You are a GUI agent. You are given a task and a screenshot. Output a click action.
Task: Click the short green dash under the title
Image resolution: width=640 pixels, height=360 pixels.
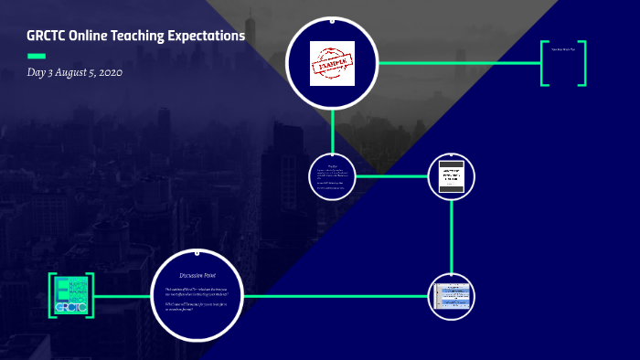[37, 56]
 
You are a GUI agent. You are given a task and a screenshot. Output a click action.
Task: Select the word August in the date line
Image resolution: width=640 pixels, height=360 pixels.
[69, 71]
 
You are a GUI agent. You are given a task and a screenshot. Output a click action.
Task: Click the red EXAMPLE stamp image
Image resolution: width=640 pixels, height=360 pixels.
[333, 63]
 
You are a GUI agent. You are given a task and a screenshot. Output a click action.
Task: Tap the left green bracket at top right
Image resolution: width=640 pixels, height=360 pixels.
[545, 63]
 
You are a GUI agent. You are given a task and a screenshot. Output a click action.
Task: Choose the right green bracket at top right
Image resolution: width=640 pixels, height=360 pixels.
[582, 63]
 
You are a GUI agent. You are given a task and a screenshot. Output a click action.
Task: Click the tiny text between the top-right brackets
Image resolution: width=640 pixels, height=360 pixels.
[563, 48]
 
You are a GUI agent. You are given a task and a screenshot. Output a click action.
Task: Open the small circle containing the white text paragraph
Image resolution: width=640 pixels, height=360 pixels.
[333, 175]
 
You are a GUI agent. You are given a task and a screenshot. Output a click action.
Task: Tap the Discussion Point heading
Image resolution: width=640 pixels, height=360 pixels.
[197, 273]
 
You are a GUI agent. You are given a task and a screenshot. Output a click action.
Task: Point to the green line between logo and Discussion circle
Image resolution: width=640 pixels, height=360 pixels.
[123, 296]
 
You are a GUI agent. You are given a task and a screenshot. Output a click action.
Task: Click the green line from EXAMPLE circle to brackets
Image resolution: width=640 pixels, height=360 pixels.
[457, 63]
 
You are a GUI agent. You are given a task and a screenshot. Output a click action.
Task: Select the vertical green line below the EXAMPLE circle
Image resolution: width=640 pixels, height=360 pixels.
[333, 128]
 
